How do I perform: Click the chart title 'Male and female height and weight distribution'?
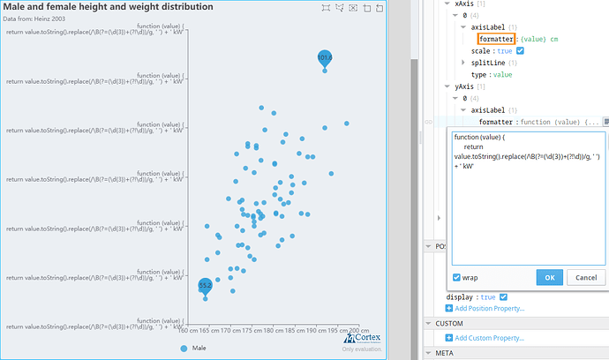109,7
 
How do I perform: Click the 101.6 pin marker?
325,58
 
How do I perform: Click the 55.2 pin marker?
205,286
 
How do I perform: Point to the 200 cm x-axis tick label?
358,332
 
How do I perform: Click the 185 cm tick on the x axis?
293,332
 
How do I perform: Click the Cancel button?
585,277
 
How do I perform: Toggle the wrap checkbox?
456,277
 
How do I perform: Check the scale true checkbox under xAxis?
520,51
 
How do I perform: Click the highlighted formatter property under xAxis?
495,39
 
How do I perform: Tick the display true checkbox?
503,297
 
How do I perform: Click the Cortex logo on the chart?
362,338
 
